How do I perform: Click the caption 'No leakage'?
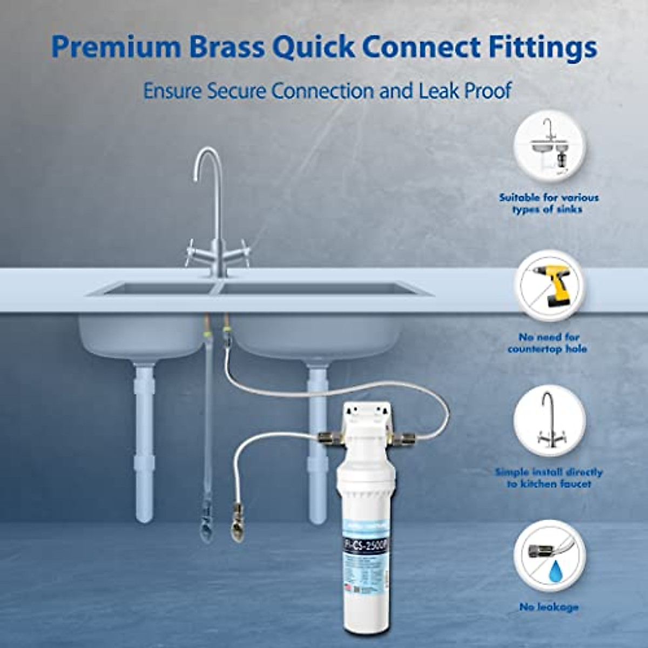click(x=549, y=607)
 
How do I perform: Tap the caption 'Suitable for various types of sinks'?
click(x=549, y=203)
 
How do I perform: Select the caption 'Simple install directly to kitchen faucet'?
click(x=549, y=478)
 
